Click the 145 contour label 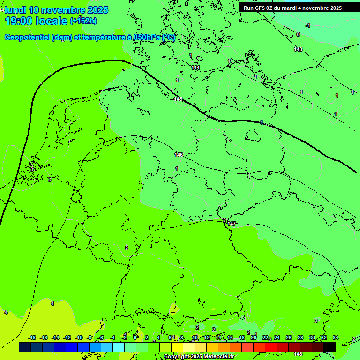(178, 99)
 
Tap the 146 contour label (179, 155)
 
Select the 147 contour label (232, 224)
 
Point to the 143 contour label (298, 49)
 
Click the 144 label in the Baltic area (195, 68)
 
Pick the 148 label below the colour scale (298, 354)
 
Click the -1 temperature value (307, 25)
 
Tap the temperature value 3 (50, 179)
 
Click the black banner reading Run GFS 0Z (293, 8)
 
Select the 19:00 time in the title (22, 21)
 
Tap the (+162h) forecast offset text (83, 21)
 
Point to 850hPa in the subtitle (146, 37)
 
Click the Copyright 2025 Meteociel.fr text (199, 357)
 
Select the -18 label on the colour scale (32, 337)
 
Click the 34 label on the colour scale (336, 337)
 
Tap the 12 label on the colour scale (207, 337)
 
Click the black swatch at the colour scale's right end (330, 347)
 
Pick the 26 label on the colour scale (289, 337)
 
